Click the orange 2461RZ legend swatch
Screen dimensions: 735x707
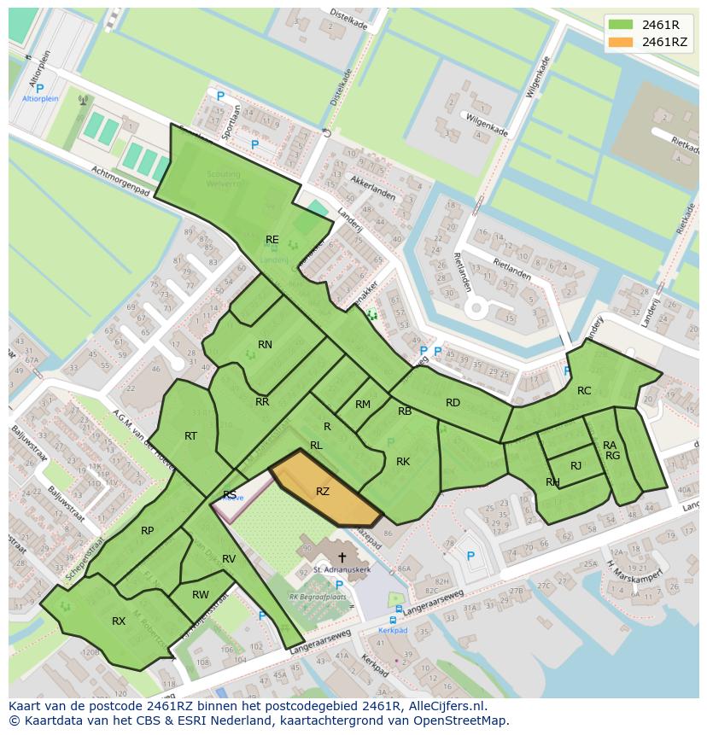point(621,42)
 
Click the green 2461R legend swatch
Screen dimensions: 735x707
point(621,24)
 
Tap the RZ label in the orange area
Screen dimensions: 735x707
point(322,492)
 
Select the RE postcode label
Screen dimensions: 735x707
point(272,240)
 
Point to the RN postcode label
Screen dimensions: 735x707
point(265,345)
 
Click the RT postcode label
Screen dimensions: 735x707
point(190,436)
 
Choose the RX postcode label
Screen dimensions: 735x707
point(119,621)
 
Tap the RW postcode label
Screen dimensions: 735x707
point(200,595)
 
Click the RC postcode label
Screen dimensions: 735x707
point(584,391)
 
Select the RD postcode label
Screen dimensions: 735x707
point(453,403)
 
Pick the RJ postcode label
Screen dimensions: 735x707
point(576,465)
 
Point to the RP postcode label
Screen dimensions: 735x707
point(147,531)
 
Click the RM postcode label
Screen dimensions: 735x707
point(363,405)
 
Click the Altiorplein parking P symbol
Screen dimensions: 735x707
point(39,87)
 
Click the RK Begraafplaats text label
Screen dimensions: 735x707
point(318,598)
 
